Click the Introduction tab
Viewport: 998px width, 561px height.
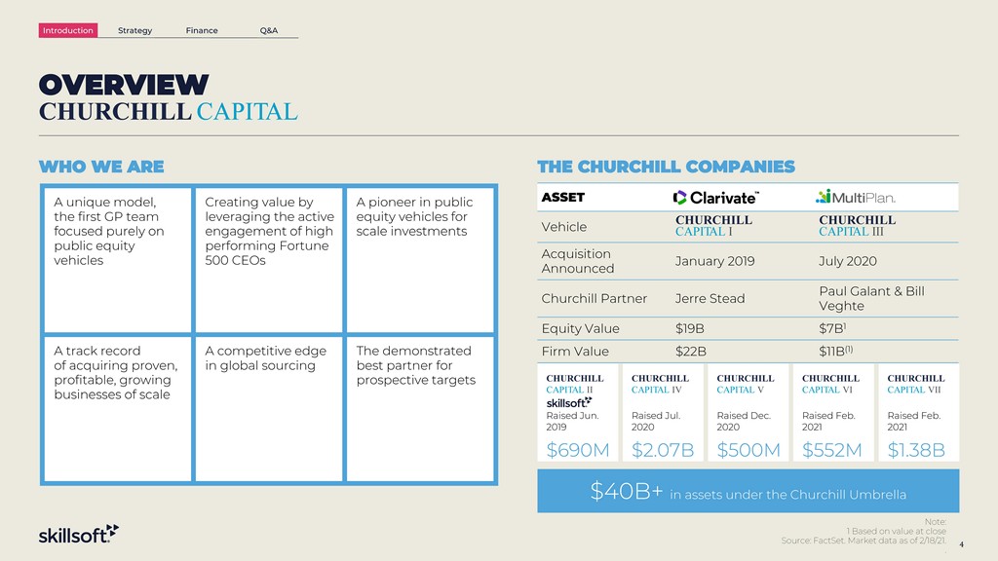(x=68, y=30)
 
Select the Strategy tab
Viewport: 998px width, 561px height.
(x=134, y=30)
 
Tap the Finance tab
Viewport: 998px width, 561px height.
(x=202, y=30)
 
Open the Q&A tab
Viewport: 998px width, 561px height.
(x=269, y=30)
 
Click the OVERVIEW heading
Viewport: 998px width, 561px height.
(x=124, y=85)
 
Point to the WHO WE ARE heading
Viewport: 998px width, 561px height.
(x=101, y=167)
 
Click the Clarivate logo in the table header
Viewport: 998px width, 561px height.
(x=716, y=198)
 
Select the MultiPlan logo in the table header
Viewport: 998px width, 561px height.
(x=856, y=197)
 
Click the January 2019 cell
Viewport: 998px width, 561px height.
(x=714, y=261)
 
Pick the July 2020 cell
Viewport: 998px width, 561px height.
(x=848, y=261)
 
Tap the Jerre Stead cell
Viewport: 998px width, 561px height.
(x=710, y=299)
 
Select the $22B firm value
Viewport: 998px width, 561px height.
(x=691, y=352)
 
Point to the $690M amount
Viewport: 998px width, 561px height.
(x=578, y=450)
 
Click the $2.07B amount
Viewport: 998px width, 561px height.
(x=663, y=450)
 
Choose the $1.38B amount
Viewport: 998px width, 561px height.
(x=916, y=450)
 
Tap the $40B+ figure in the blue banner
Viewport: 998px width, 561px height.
(x=627, y=491)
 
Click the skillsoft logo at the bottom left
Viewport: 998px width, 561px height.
(x=79, y=535)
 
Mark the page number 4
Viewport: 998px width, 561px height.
(x=961, y=544)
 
